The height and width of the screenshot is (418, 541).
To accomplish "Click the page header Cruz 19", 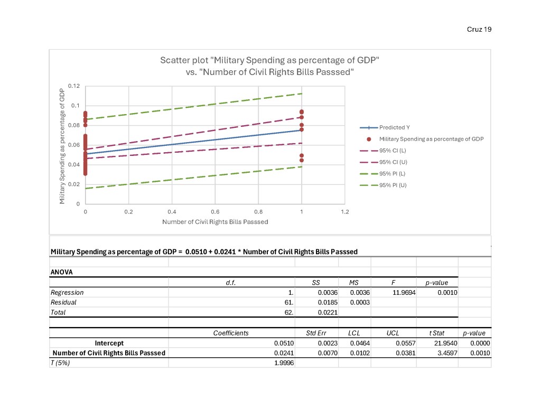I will pyautogui.click(x=479, y=29).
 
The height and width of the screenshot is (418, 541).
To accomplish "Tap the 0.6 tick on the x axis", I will pyautogui.click(x=215, y=211).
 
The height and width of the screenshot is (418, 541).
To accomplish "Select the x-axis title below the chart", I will pyautogui.click(x=215, y=222).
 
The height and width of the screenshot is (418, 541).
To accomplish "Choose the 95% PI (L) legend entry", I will pyautogui.click(x=392, y=173).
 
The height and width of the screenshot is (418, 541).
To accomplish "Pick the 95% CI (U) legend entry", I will pyautogui.click(x=392, y=162).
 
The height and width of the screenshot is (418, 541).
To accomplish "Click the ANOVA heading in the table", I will pyautogui.click(x=61, y=272).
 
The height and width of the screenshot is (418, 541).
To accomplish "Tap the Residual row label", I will pyautogui.click(x=63, y=302).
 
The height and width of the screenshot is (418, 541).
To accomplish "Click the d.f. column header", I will pyautogui.click(x=230, y=283).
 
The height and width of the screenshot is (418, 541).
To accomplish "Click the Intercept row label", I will pyautogui.click(x=109, y=343).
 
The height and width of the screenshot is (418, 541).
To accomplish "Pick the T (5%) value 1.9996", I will pyautogui.click(x=283, y=363).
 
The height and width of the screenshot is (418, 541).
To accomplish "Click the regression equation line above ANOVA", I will pyautogui.click(x=204, y=252).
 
